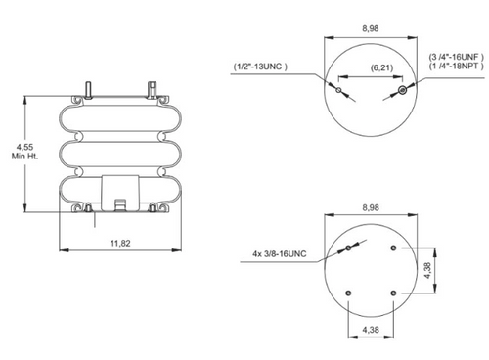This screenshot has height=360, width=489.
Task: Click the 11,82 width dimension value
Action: (120, 243)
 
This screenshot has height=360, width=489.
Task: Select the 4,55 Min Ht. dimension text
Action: (24, 152)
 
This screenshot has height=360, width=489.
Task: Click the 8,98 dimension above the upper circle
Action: (371, 28)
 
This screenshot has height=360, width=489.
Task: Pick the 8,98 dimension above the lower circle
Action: (371, 207)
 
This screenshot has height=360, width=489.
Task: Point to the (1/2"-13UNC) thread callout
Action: (260, 67)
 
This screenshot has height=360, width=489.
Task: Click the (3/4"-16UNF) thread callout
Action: (457, 57)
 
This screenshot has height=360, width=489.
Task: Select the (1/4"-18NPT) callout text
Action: (457, 66)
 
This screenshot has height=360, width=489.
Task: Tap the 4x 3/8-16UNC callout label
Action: (280, 253)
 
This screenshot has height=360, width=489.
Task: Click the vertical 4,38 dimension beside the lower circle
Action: (427, 270)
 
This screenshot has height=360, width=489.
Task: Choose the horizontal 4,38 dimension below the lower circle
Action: (371, 330)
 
